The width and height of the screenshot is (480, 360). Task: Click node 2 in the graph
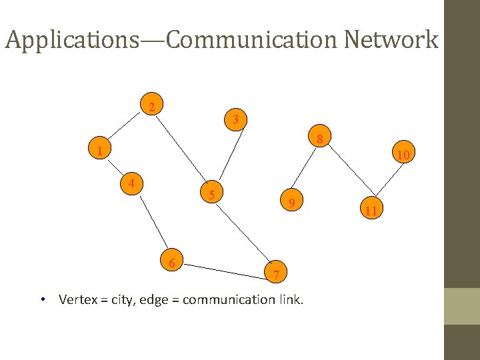(153, 107)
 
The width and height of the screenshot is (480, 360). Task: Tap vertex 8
(320, 139)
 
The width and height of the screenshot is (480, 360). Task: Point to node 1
(99, 151)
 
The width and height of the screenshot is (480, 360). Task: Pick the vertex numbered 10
(403, 155)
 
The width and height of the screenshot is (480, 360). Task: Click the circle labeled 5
(211, 195)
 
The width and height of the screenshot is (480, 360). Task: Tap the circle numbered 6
(172, 263)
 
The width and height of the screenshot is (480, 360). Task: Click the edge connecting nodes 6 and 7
(224, 267)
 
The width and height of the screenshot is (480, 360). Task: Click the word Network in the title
(391, 40)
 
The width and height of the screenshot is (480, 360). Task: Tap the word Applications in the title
(69, 40)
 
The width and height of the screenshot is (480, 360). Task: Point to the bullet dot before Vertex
(42, 299)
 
